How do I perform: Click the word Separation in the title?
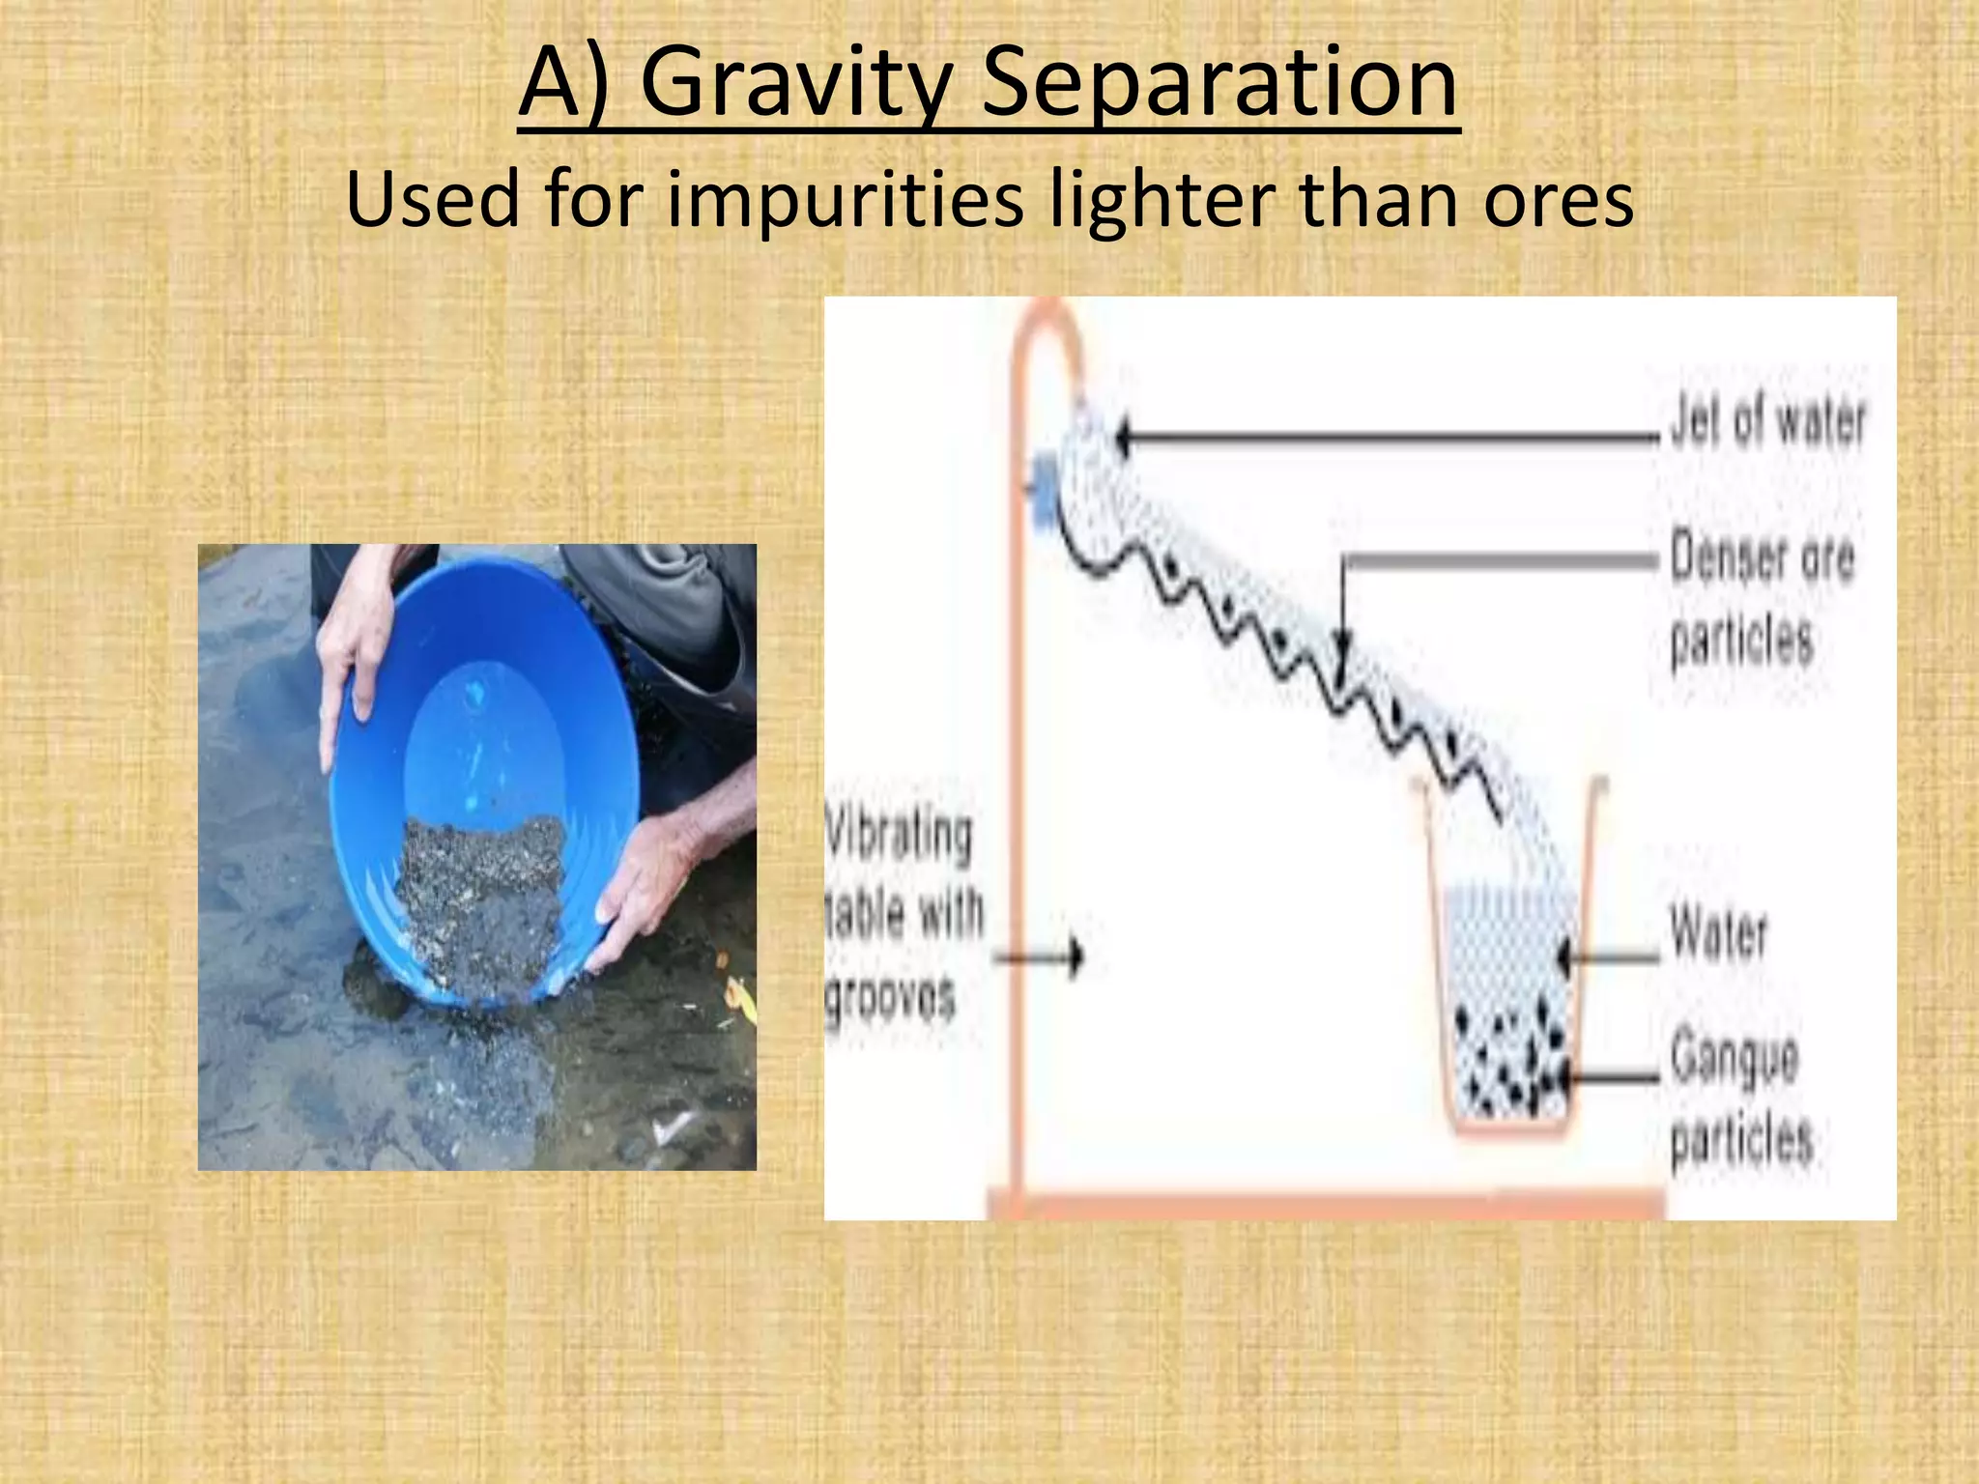pyautogui.click(x=1219, y=85)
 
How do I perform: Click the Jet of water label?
pyautogui.click(x=1767, y=422)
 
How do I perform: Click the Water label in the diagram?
pyautogui.click(x=1718, y=933)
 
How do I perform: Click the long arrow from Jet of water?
pyautogui.click(x=1382, y=438)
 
